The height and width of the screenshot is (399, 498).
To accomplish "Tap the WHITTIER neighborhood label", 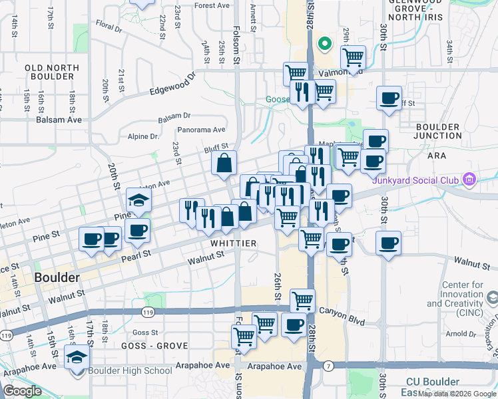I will (x=234, y=243).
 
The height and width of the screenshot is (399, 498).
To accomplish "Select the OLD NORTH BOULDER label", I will (x=52, y=72).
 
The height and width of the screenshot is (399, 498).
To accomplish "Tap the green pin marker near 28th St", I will (x=325, y=45).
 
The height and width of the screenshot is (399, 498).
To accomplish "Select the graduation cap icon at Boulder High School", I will (x=77, y=357).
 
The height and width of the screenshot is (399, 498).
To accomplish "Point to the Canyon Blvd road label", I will (x=343, y=311).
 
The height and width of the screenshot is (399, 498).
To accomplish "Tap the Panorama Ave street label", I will (x=202, y=130).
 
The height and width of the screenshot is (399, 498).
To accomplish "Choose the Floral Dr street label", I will (x=109, y=28).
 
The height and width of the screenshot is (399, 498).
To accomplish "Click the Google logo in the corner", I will (x=22, y=390).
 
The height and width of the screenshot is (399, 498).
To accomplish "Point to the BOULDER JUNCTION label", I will (x=437, y=131).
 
